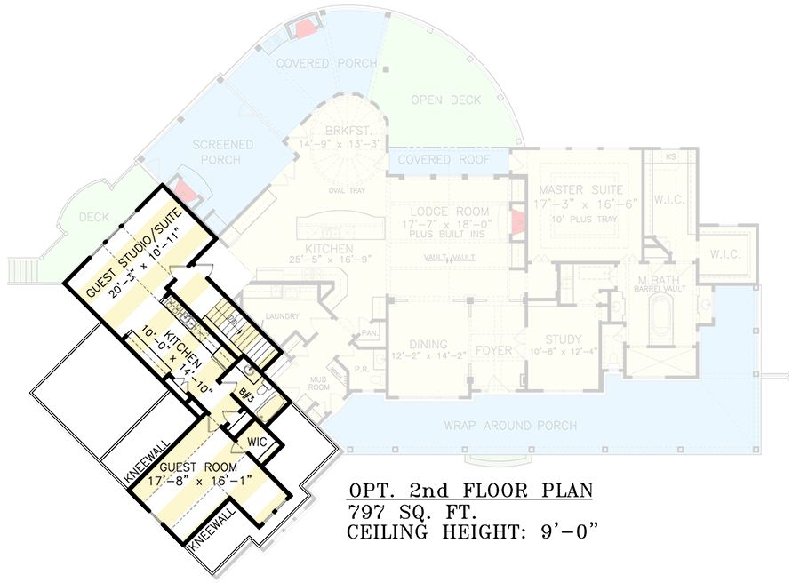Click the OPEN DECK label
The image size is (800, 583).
tap(445, 100)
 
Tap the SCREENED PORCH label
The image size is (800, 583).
tap(223, 152)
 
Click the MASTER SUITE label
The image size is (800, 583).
tap(581, 190)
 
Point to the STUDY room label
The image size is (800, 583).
tap(564, 339)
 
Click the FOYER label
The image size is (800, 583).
tap(493, 350)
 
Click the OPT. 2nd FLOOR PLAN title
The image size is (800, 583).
tap(470, 491)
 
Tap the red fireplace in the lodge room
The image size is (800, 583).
tap(515, 222)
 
